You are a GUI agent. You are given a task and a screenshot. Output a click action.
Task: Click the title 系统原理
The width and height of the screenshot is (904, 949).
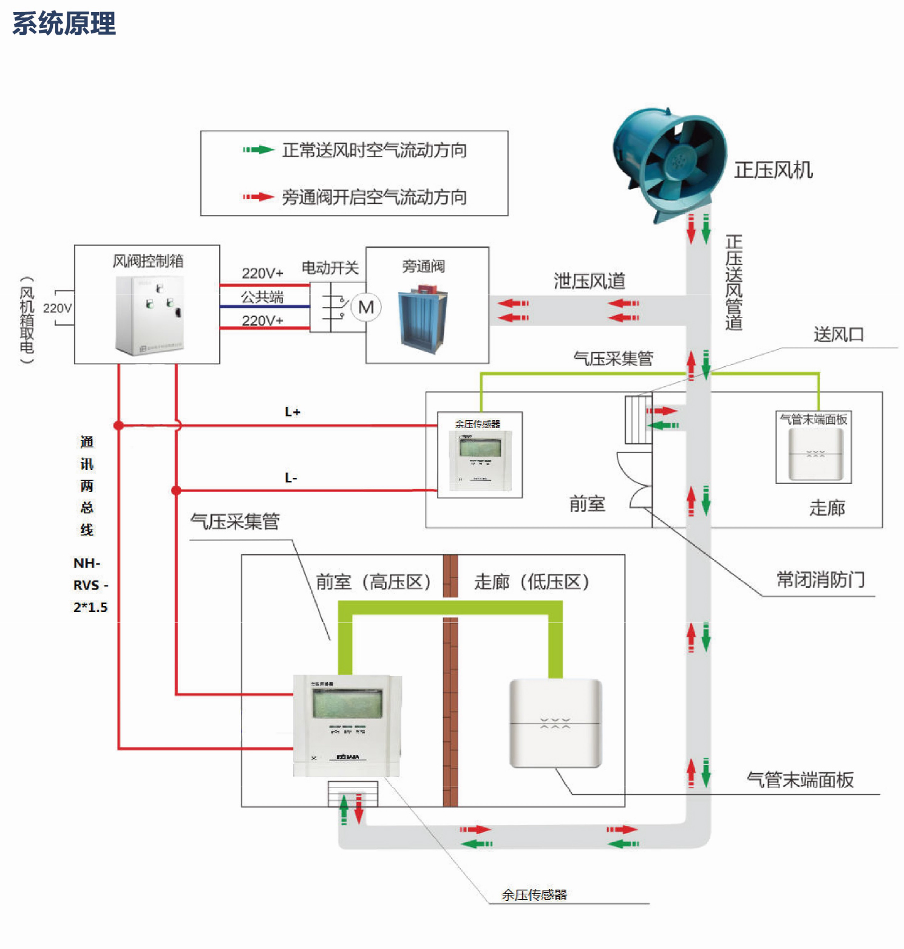[x=64, y=24]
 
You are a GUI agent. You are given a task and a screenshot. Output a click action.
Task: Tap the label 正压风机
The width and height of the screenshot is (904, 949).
[x=773, y=170]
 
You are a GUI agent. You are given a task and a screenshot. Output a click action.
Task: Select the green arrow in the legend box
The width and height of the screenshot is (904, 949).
[x=259, y=149]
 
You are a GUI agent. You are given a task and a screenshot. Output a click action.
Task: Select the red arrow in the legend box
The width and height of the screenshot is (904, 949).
[x=259, y=197]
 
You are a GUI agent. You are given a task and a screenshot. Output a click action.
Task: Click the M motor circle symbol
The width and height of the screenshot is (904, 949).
[x=366, y=307]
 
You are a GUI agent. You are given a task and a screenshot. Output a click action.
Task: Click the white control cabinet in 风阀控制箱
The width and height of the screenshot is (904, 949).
[x=149, y=315]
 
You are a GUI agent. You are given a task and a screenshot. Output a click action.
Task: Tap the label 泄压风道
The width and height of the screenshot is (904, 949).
[x=589, y=281]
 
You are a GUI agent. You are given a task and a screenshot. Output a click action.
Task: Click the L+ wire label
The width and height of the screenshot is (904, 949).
[x=293, y=412]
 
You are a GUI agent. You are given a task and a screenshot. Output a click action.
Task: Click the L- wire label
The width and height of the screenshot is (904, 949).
[x=291, y=478]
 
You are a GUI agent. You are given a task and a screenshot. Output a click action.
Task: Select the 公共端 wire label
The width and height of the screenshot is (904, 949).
[x=262, y=297]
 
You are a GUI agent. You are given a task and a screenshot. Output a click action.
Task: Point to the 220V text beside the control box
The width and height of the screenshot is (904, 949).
[x=58, y=308]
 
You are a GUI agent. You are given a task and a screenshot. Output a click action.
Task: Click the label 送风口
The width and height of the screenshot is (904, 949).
[x=838, y=335]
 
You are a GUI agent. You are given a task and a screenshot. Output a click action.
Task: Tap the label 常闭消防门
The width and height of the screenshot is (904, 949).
[x=820, y=580]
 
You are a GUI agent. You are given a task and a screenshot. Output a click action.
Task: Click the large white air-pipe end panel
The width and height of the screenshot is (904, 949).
[x=555, y=723]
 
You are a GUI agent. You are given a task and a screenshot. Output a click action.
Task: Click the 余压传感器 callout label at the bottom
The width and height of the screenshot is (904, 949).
[x=534, y=894]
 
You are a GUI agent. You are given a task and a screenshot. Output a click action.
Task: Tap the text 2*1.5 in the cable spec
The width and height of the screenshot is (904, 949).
[x=90, y=607]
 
